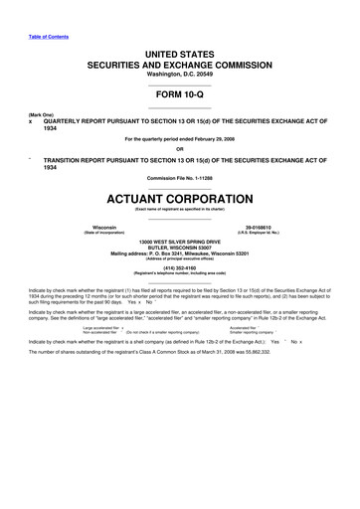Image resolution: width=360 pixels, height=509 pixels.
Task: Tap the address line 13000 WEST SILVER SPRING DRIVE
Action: [180, 242]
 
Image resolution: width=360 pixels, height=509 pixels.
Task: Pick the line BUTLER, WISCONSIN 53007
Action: [180, 248]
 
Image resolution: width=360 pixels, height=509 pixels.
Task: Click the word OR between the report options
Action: [180, 149]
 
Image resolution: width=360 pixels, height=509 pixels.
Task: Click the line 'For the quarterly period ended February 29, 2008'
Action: [180, 140]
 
